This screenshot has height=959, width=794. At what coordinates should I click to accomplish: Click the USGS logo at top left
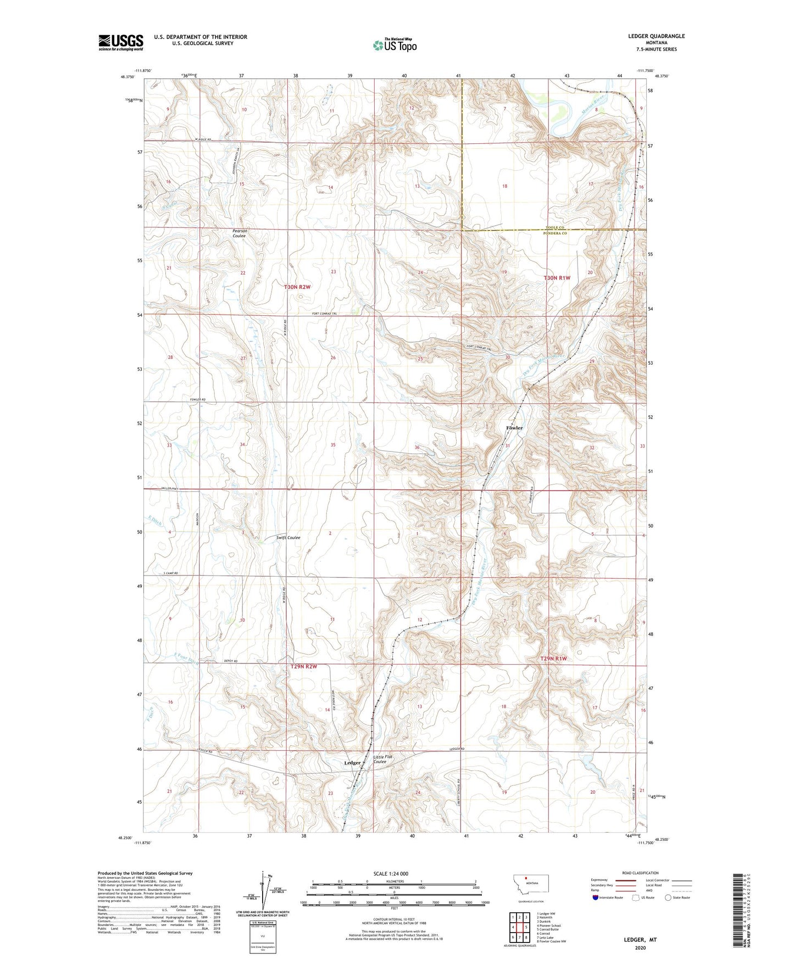[120, 42]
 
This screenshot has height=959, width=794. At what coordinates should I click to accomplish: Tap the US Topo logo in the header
[395, 45]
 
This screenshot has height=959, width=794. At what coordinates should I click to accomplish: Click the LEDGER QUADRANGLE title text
[656, 36]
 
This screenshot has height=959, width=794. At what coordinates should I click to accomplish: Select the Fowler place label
[514, 428]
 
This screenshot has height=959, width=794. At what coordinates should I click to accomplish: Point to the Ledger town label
[352, 763]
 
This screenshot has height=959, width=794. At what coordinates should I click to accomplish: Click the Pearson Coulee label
[240, 233]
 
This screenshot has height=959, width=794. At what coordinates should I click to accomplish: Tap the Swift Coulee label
[288, 538]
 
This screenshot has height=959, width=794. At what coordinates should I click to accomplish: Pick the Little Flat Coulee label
[383, 759]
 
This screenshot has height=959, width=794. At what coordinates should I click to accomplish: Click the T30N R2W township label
[297, 287]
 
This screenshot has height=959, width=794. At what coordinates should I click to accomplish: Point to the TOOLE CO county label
[555, 227]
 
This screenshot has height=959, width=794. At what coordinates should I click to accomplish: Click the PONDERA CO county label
[555, 233]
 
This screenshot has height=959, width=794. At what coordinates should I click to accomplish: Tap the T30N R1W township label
[557, 278]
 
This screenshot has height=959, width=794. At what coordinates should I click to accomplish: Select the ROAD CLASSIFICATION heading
[640, 873]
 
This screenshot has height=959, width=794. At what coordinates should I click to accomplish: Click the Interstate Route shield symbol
[596, 897]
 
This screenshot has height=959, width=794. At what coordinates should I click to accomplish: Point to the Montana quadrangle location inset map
[530, 886]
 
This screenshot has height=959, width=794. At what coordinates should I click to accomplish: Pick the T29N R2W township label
[304, 667]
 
